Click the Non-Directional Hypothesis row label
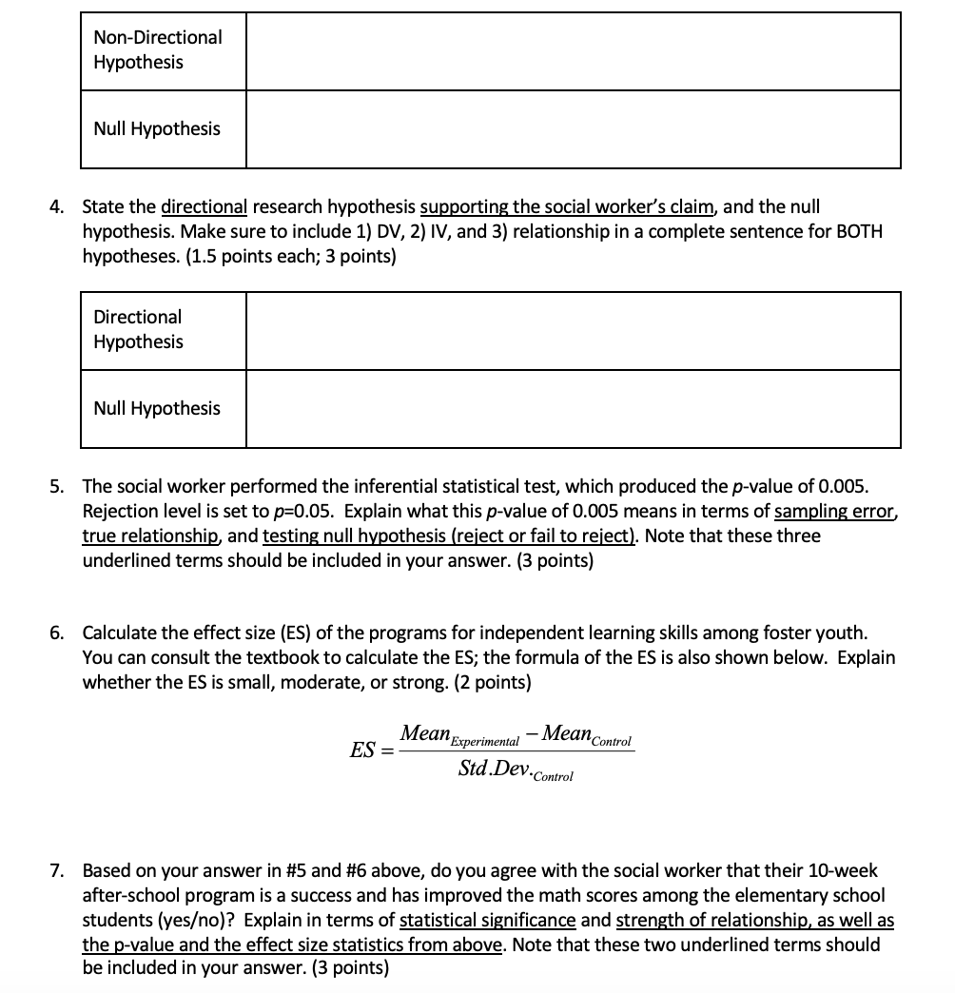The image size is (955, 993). (x=158, y=49)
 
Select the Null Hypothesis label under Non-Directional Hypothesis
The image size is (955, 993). (x=157, y=128)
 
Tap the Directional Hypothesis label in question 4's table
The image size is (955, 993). (x=138, y=329)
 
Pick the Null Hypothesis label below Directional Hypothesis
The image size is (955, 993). (x=157, y=408)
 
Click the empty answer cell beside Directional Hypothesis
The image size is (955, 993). (x=573, y=331)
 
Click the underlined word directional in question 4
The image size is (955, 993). (x=204, y=206)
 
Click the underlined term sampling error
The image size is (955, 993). (x=835, y=511)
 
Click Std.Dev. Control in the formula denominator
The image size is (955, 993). (x=515, y=769)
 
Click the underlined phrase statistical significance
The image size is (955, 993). (x=487, y=920)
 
